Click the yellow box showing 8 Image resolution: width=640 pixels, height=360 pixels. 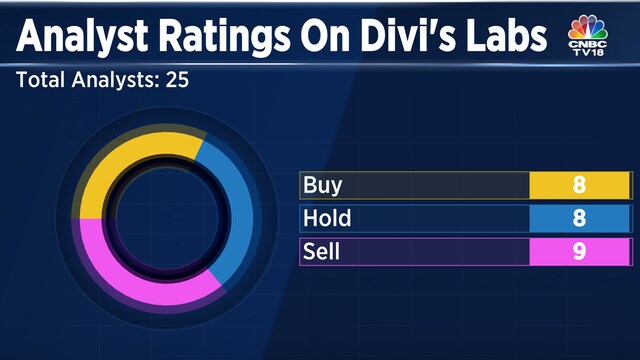[579, 186]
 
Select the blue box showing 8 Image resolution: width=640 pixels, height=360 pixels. [579, 219]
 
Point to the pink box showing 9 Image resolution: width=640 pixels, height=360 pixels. [579, 252]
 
